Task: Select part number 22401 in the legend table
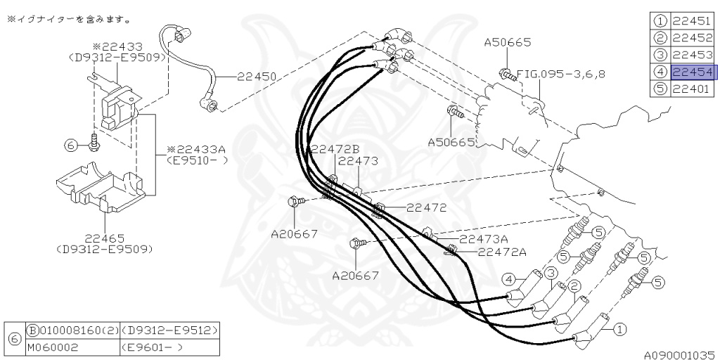pyautogui.click(x=692, y=89)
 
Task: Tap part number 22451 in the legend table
pyautogui.click(x=692, y=21)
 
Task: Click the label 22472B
pyautogui.click(x=335, y=149)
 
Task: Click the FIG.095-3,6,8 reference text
pyautogui.click(x=561, y=72)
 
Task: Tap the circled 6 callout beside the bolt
pyautogui.click(x=70, y=145)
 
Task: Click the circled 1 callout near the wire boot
pyautogui.click(x=619, y=328)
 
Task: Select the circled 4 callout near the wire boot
pyautogui.click(x=508, y=279)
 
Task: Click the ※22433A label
pyautogui.click(x=196, y=150)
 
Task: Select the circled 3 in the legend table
pyautogui.click(x=660, y=55)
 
